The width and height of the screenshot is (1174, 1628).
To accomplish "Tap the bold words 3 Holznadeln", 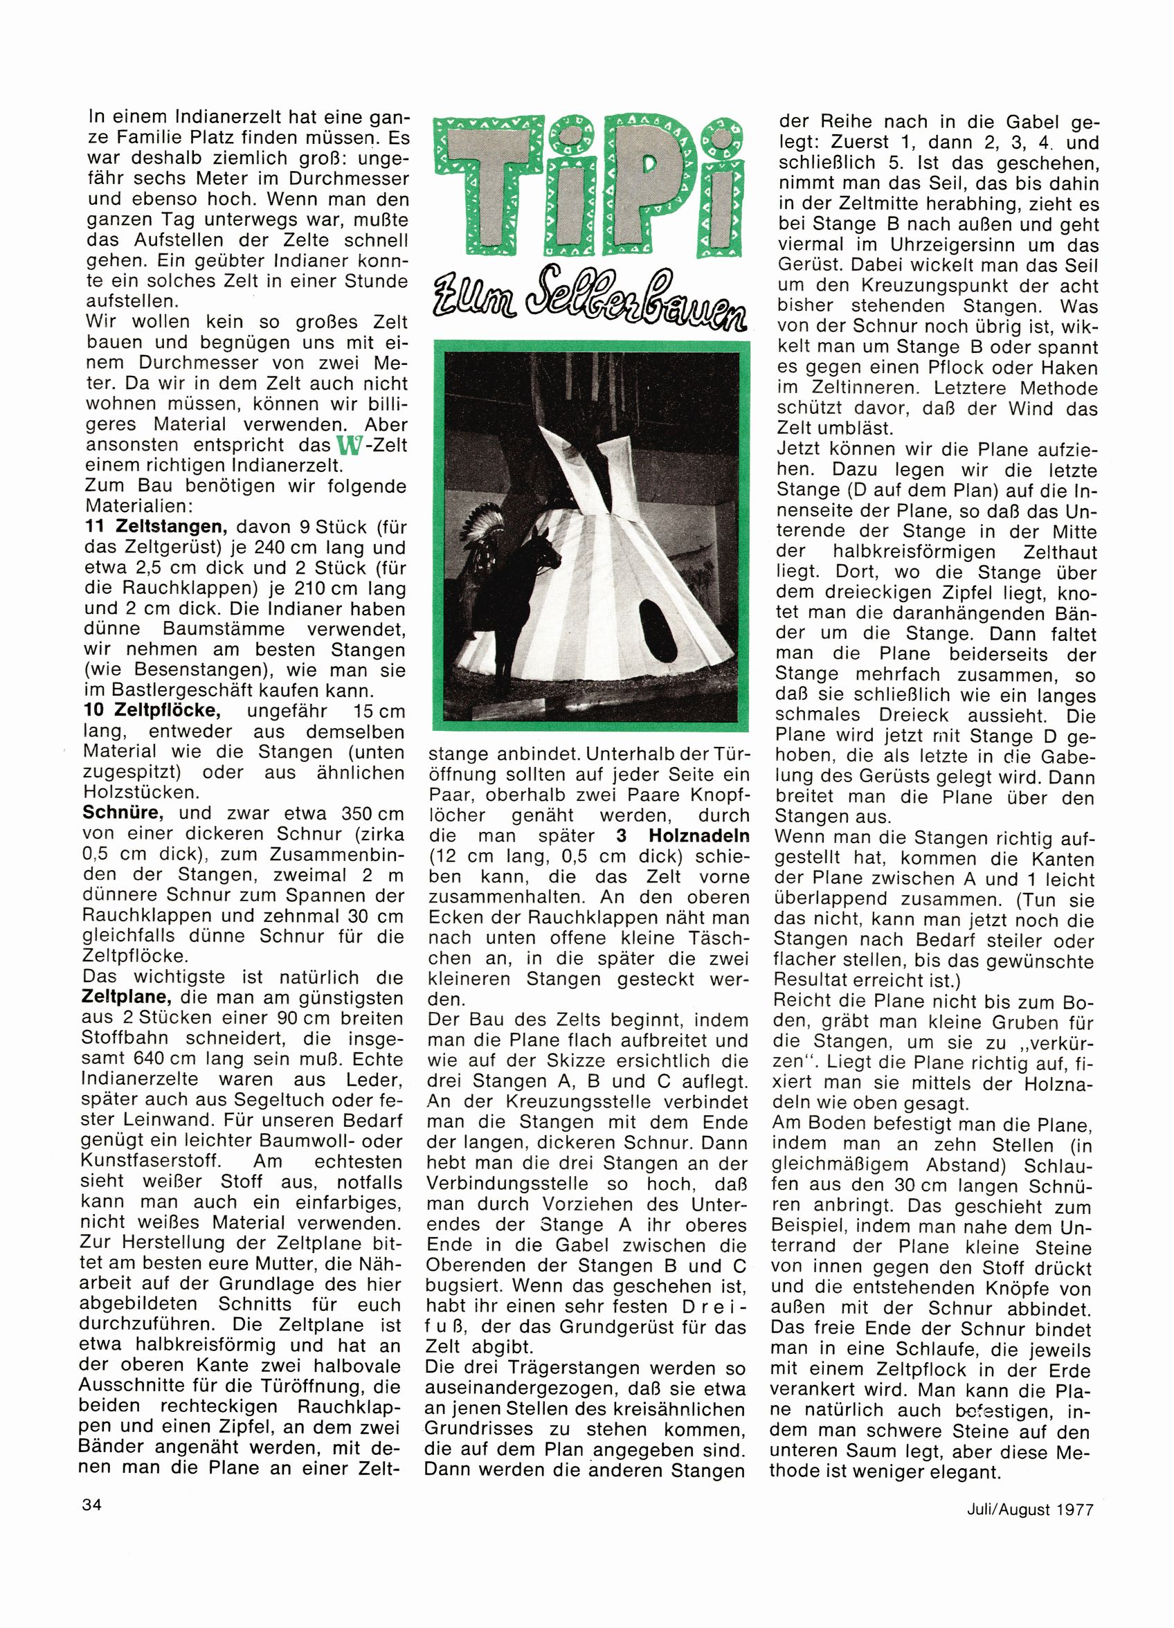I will (682, 835).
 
